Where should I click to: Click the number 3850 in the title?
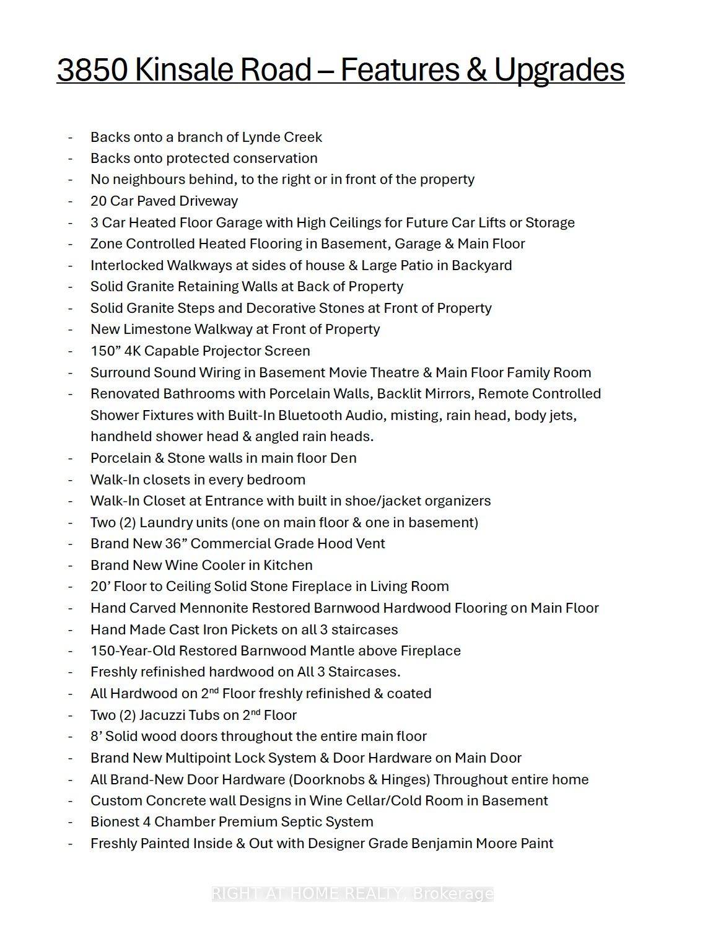(x=93, y=69)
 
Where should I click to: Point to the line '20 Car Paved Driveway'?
(x=164, y=201)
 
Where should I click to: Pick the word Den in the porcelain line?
(x=344, y=458)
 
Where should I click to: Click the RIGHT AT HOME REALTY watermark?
(x=352, y=893)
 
